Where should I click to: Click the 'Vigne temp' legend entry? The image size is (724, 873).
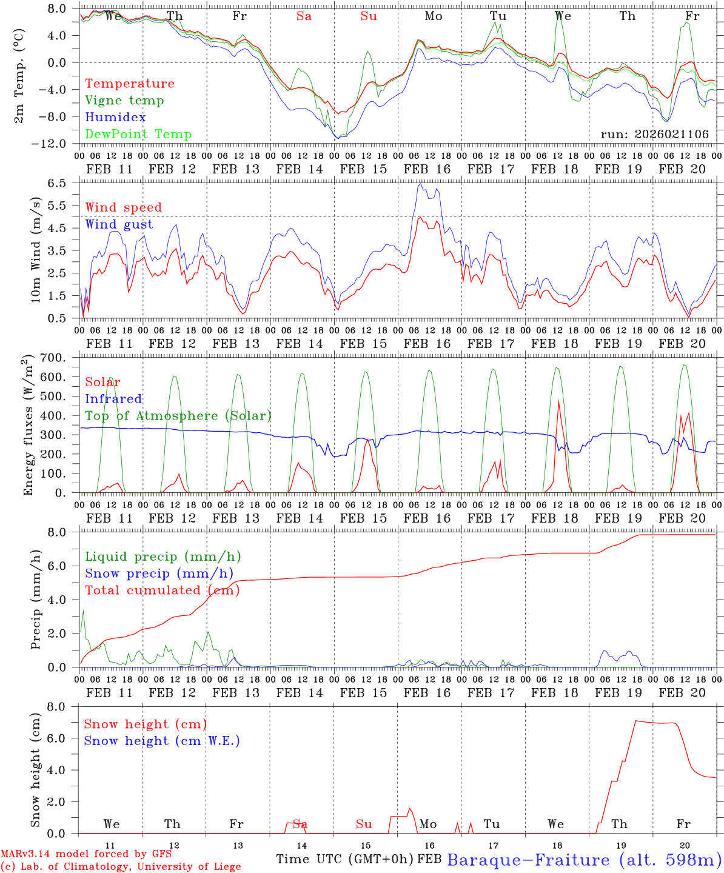[124, 101]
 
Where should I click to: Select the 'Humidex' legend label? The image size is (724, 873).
[115, 118]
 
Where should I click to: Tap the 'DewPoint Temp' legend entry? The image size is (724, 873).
[138, 135]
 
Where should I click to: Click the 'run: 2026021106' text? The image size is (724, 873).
[654, 135]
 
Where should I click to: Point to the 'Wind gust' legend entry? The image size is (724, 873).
[119, 224]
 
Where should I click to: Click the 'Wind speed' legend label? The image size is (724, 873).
[124, 207]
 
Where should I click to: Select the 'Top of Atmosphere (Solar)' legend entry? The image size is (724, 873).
[178, 416]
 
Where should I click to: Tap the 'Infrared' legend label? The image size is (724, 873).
[113, 399]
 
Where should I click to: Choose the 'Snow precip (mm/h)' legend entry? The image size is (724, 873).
[159, 574]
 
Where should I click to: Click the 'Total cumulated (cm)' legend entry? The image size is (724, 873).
[163, 590]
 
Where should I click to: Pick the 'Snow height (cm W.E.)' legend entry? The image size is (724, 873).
[162, 741]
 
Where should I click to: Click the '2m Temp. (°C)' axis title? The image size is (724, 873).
[19, 76]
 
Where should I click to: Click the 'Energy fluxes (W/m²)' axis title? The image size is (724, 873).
[28, 426]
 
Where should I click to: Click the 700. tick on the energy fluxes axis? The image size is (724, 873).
[59, 358]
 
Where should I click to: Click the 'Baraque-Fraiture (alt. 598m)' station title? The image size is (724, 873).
[585, 860]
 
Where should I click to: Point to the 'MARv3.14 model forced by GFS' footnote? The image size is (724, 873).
[86, 854]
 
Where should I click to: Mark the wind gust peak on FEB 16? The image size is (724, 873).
[420, 184]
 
